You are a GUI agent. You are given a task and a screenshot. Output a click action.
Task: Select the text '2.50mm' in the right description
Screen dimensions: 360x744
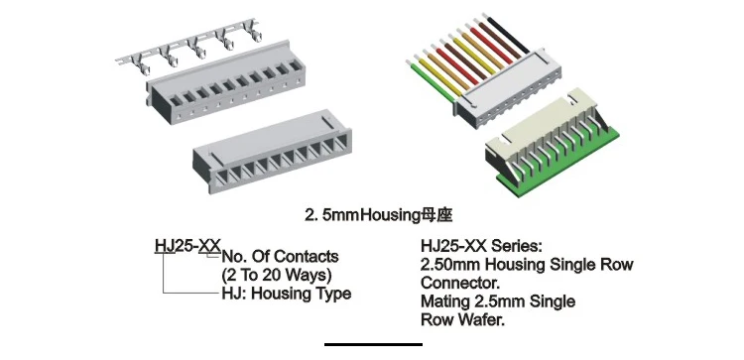(x=449, y=265)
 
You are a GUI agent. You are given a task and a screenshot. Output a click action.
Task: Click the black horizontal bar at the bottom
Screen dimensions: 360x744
(x=373, y=344)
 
